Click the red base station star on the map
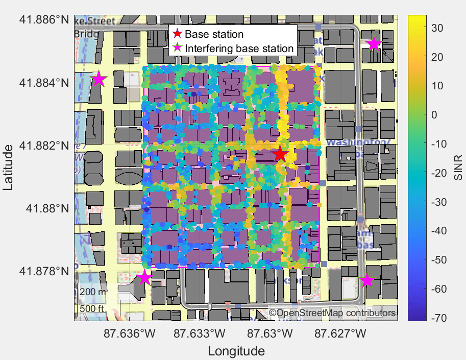tap(279, 154)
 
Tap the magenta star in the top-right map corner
tap(374, 44)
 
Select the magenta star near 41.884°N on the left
tap(99, 79)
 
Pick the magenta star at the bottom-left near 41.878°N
tap(144, 278)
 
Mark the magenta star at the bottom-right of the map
tap(366, 280)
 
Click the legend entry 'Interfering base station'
tap(239, 49)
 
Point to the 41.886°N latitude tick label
tap(44, 20)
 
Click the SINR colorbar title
tap(458, 168)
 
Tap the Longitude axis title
tap(236, 351)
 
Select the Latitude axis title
tap(9, 167)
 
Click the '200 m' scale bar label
tap(93, 292)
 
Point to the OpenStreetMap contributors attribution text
tap(332, 313)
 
